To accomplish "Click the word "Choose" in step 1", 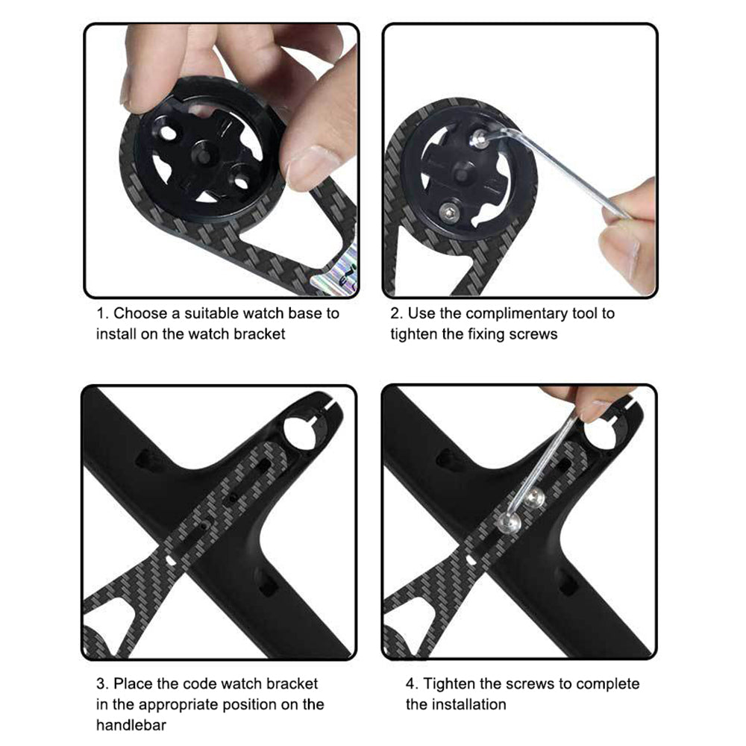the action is coord(141,313).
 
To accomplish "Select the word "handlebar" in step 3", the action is coord(131,725).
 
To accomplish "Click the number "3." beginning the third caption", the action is coord(102,684).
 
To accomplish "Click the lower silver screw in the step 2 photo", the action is coord(448,212).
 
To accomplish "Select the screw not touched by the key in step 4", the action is coord(536,498).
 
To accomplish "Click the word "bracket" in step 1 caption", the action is coord(260,334).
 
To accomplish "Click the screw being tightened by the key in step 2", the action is coord(480,138).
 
